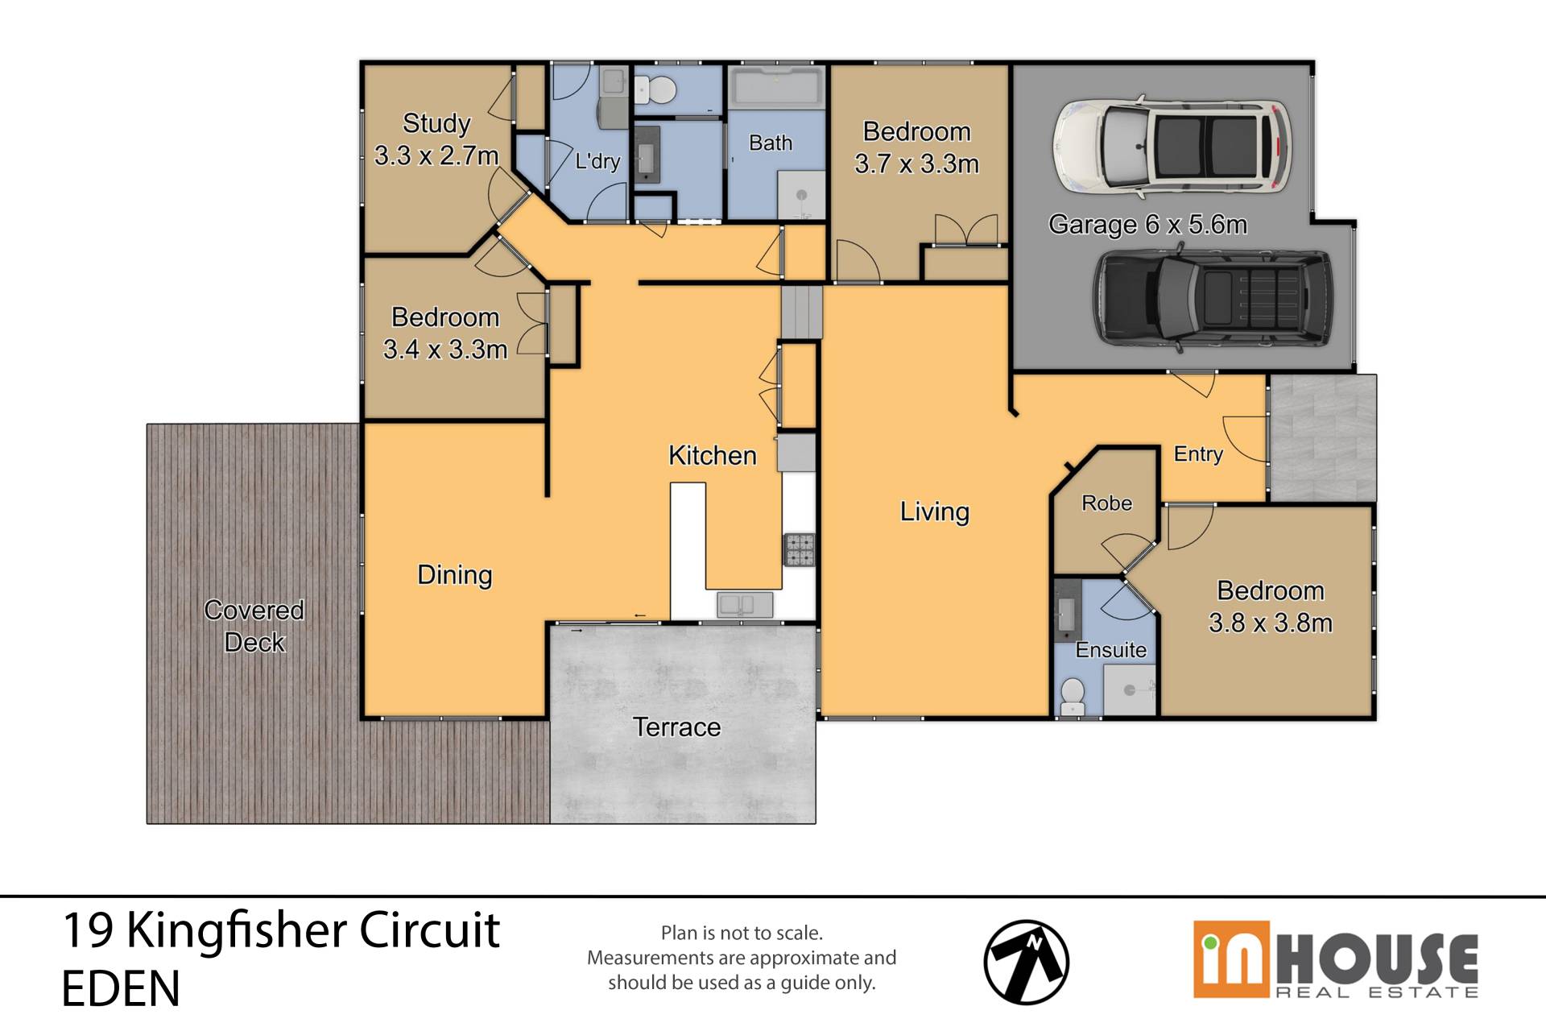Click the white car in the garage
coord(1172,148)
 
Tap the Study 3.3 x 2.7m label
coord(436,139)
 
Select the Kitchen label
coord(713,455)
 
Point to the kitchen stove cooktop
coord(800,550)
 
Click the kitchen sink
coord(746,604)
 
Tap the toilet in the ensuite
coord(1072,696)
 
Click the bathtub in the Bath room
coord(776,85)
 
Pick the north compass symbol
coord(1027,962)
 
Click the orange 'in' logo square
coord(1231,960)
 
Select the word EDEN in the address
coord(121,988)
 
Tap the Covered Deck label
coord(254,626)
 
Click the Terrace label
coord(676,727)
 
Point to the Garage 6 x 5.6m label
coord(1147,224)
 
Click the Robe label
coord(1106,503)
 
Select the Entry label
coord(1198,454)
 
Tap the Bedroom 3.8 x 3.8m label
coord(1271,607)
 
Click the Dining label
coord(455,575)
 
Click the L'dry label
coord(597,161)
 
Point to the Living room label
coord(934,512)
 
